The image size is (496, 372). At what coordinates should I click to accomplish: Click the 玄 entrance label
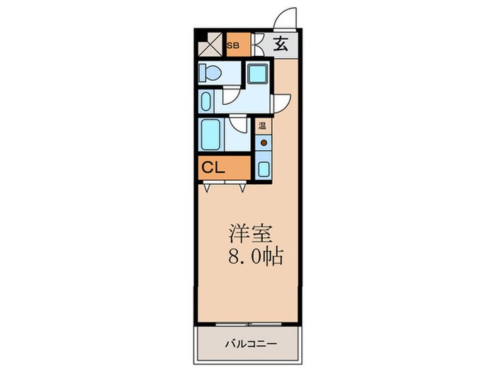(281, 45)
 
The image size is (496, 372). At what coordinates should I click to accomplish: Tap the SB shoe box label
(232, 45)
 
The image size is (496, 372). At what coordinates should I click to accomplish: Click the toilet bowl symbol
(211, 72)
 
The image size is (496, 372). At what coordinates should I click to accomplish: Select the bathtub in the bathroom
(211, 134)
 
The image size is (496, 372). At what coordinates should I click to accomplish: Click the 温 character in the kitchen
(262, 128)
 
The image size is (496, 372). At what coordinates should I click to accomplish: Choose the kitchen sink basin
(263, 169)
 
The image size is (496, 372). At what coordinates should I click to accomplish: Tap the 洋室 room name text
(248, 234)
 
